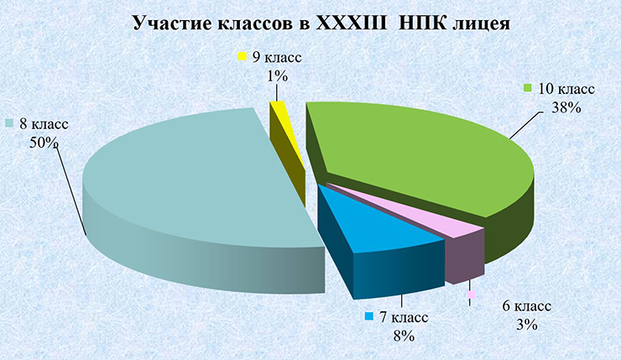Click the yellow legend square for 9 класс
click(243, 56)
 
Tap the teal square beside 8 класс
click(10, 123)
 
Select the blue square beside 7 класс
click(369, 316)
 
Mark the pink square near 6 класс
click(471, 295)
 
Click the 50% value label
click(43, 143)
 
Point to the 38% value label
click(566, 107)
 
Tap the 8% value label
click(404, 336)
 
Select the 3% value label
click(526, 325)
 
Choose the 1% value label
click(277, 76)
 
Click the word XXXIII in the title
click(351, 23)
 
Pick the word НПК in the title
click(421, 23)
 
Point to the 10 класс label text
click(566, 88)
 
